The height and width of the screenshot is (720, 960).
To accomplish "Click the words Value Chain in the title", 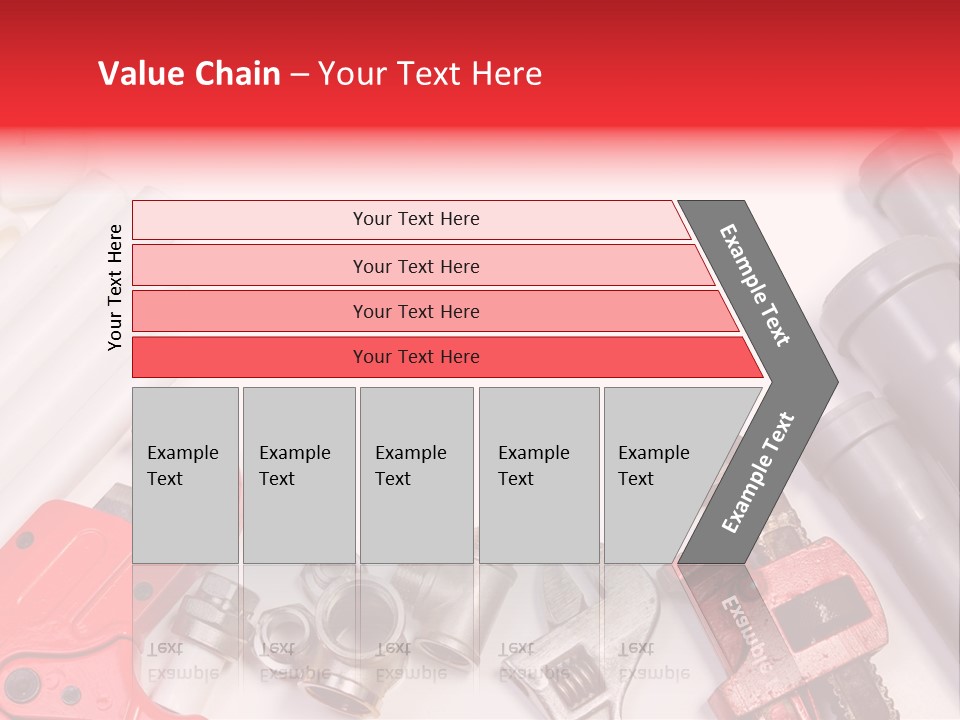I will [189, 74].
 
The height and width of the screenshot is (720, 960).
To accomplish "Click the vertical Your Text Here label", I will [115, 287].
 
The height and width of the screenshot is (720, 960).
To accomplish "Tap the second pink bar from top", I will [416, 266].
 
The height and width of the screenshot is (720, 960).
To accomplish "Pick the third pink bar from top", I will [416, 311].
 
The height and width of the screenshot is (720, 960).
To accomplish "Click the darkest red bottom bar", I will [416, 357].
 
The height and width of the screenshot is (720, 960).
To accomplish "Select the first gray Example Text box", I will [185, 474].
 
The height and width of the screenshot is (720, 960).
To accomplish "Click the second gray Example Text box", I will [298, 474].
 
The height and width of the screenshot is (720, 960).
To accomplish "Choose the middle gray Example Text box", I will [416, 474].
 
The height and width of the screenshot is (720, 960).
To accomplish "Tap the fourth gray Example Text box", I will [538, 474].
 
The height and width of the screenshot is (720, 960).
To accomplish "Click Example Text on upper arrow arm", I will [755, 285].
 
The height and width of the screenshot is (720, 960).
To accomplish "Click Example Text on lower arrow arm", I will [758, 473].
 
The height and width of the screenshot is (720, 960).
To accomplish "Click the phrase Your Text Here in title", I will [429, 74].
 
